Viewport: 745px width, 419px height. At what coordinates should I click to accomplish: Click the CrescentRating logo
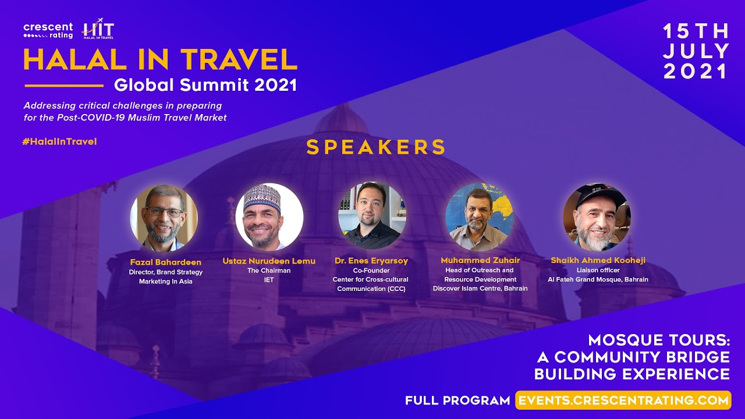pos(48,31)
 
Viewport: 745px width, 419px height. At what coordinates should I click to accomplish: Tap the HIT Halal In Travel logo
pos(98,29)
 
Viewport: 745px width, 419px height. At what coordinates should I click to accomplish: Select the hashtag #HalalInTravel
pos(59,141)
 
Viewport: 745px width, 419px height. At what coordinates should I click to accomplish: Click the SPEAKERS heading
pos(375,147)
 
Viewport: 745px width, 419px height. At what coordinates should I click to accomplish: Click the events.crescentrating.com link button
pos(623,400)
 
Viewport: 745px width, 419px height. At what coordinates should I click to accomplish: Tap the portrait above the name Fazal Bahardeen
pos(164,218)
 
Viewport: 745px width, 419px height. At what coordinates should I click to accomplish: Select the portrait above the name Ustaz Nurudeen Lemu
pos(269,216)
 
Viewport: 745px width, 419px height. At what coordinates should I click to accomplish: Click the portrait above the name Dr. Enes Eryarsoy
pos(372,215)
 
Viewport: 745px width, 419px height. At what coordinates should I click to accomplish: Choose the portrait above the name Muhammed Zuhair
pos(479,216)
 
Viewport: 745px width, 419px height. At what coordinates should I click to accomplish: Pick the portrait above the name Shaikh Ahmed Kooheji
pos(597,216)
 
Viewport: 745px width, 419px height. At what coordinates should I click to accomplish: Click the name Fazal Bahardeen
pos(166,262)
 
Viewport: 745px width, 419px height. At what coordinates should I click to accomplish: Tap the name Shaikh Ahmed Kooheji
pos(598,260)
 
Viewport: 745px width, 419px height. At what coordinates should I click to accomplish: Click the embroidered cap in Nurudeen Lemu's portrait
pos(262,197)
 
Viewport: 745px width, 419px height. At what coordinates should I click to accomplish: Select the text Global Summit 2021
pos(205,85)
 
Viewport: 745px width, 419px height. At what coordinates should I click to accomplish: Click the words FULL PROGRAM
pos(457,400)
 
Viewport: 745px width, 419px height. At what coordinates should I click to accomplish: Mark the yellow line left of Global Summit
pos(64,86)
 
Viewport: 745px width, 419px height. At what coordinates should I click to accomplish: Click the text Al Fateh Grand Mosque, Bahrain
pos(598,280)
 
